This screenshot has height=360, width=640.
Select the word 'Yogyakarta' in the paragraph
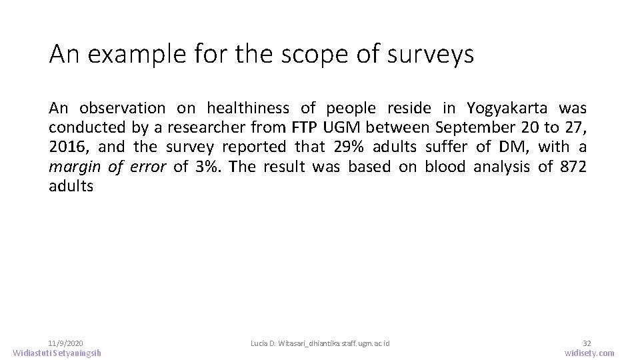click(x=509, y=108)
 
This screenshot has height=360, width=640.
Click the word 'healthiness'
click(x=248, y=108)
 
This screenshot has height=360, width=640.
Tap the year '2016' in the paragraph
click(x=68, y=147)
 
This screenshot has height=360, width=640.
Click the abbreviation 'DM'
click(x=513, y=147)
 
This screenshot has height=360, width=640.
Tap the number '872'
click(x=574, y=167)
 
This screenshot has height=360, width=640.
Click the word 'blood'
click(x=445, y=167)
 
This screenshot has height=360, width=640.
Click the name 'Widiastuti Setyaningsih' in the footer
click(x=57, y=353)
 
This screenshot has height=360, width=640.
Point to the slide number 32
click(x=587, y=343)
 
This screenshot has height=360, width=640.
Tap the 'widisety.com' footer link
click(x=589, y=353)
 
